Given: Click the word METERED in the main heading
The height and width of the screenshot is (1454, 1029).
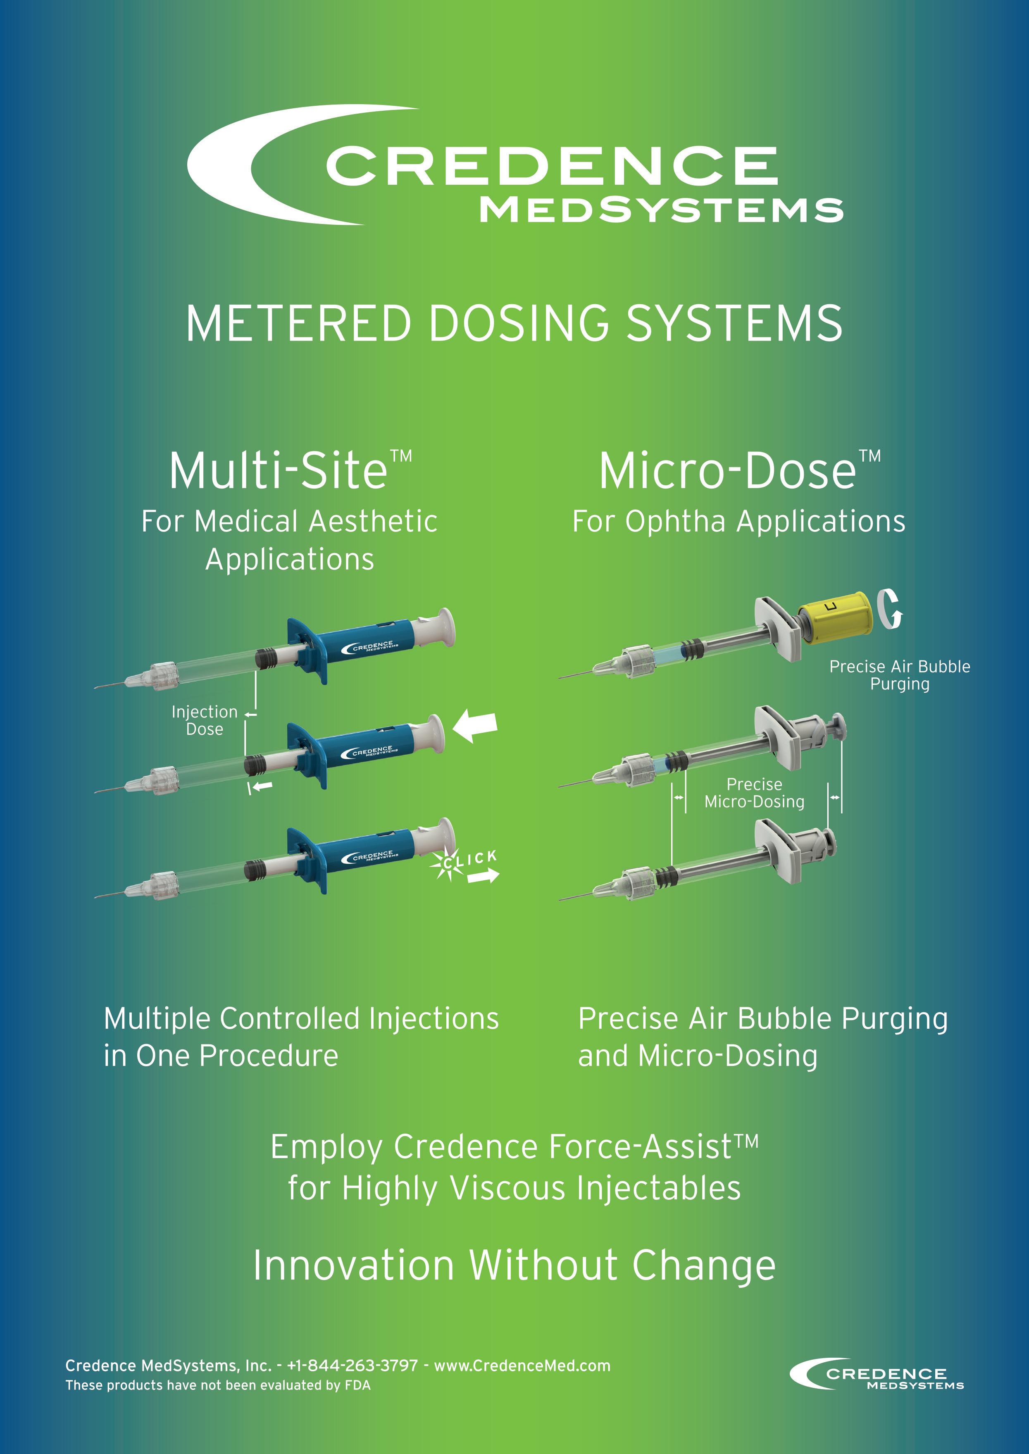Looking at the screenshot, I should point(298,323).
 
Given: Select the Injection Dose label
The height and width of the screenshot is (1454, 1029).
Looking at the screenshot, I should point(204,720).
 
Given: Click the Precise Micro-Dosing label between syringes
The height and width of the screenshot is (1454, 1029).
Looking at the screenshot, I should point(754,793).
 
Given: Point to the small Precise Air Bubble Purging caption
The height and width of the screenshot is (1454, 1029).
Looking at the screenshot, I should point(899,675).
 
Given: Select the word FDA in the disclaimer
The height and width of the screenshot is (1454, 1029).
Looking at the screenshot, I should point(357,1385).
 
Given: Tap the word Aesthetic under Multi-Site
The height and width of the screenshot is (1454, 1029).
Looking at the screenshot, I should point(373,522).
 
